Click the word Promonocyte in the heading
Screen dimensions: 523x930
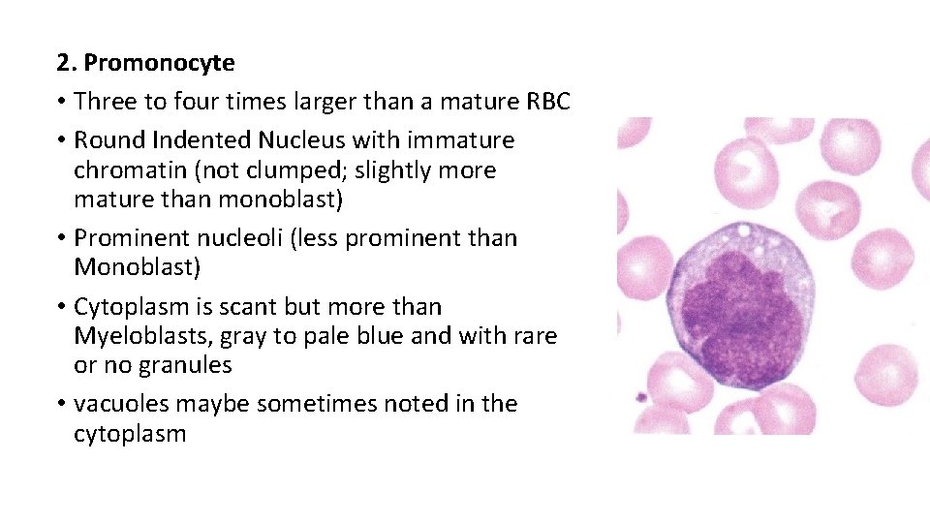point(159,64)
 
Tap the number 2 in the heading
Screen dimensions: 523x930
point(64,64)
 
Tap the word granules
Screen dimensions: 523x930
point(183,365)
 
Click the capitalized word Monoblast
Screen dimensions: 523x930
point(137,267)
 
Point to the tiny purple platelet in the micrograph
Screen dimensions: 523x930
point(641,395)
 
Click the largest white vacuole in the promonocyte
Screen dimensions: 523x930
point(744,231)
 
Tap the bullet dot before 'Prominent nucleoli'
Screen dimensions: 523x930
point(60,238)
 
